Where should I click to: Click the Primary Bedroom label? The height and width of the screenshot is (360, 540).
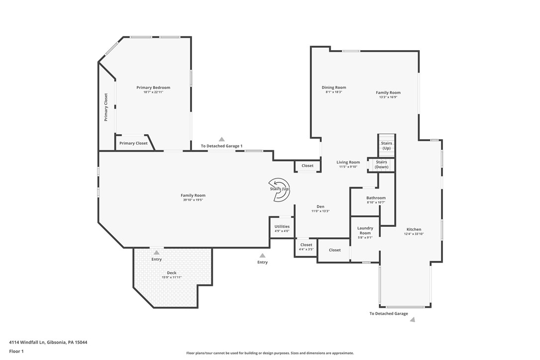click(x=153, y=88)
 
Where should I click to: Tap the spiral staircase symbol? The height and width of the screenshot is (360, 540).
click(x=279, y=189)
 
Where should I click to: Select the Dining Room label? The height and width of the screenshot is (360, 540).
click(x=334, y=88)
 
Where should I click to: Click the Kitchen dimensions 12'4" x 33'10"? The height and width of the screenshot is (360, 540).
click(x=413, y=234)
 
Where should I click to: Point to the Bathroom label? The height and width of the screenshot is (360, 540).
click(x=376, y=198)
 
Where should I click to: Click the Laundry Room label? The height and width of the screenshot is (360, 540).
click(x=365, y=230)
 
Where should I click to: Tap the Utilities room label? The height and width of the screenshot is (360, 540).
click(x=282, y=226)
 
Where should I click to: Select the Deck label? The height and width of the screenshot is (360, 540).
click(x=172, y=272)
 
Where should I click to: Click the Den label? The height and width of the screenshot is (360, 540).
click(x=320, y=206)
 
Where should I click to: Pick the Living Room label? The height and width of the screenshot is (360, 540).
click(x=348, y=162)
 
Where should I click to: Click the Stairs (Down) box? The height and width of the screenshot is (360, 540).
click(x=381, y=165)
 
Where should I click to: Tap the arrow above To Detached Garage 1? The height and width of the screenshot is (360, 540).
click(x=222, y=140)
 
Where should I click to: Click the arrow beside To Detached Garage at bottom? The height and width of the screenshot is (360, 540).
click(x=412, y=320)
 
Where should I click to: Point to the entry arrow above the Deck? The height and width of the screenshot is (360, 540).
click(x=157, y=253)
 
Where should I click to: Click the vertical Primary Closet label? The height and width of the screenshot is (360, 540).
click(x=106, y=107)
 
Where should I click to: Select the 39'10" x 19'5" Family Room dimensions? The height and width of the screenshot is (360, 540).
click(x=193, y=200)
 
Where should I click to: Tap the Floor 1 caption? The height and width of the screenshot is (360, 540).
click(x=16, y=351)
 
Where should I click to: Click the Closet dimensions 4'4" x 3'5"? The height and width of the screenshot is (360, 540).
click(x=306, y=249)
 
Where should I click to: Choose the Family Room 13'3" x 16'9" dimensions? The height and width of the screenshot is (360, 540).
click(x=388, y=97)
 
